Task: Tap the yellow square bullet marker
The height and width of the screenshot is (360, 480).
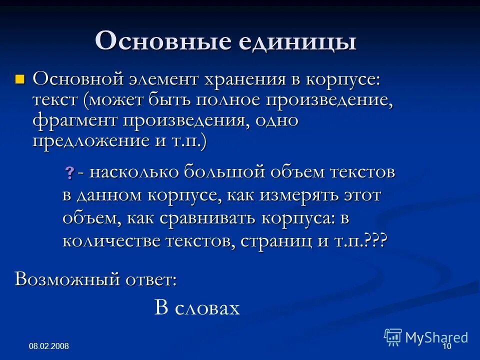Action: tap(20, 78)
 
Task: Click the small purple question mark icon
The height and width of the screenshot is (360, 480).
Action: tap(69, 173)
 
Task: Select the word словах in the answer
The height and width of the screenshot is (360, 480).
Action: tap(207, 308)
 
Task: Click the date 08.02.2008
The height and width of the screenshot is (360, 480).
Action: tap(48, 346)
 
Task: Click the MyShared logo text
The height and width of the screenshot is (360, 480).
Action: tap(436, 337)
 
